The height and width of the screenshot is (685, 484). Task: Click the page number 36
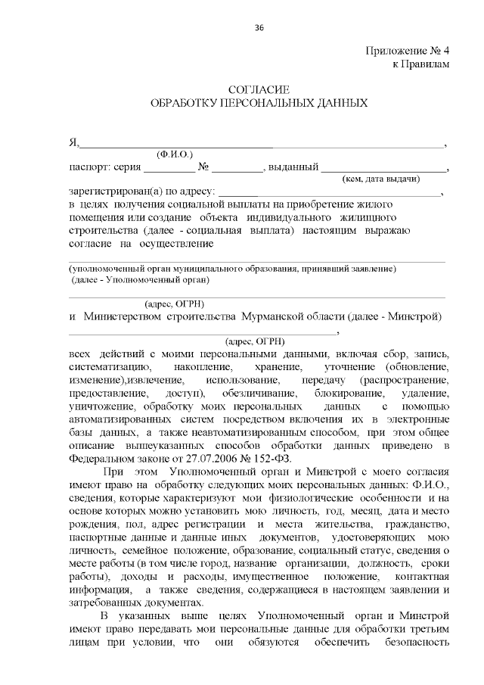[259, 28]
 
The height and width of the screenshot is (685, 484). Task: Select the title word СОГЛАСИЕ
[259, 90]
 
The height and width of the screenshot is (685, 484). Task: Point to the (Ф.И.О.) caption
[175, 154]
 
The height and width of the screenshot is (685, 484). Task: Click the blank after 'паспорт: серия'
[164, 167]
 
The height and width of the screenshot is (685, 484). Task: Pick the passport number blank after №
[237, 167]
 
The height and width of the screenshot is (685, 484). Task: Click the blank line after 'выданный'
[384, 167]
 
